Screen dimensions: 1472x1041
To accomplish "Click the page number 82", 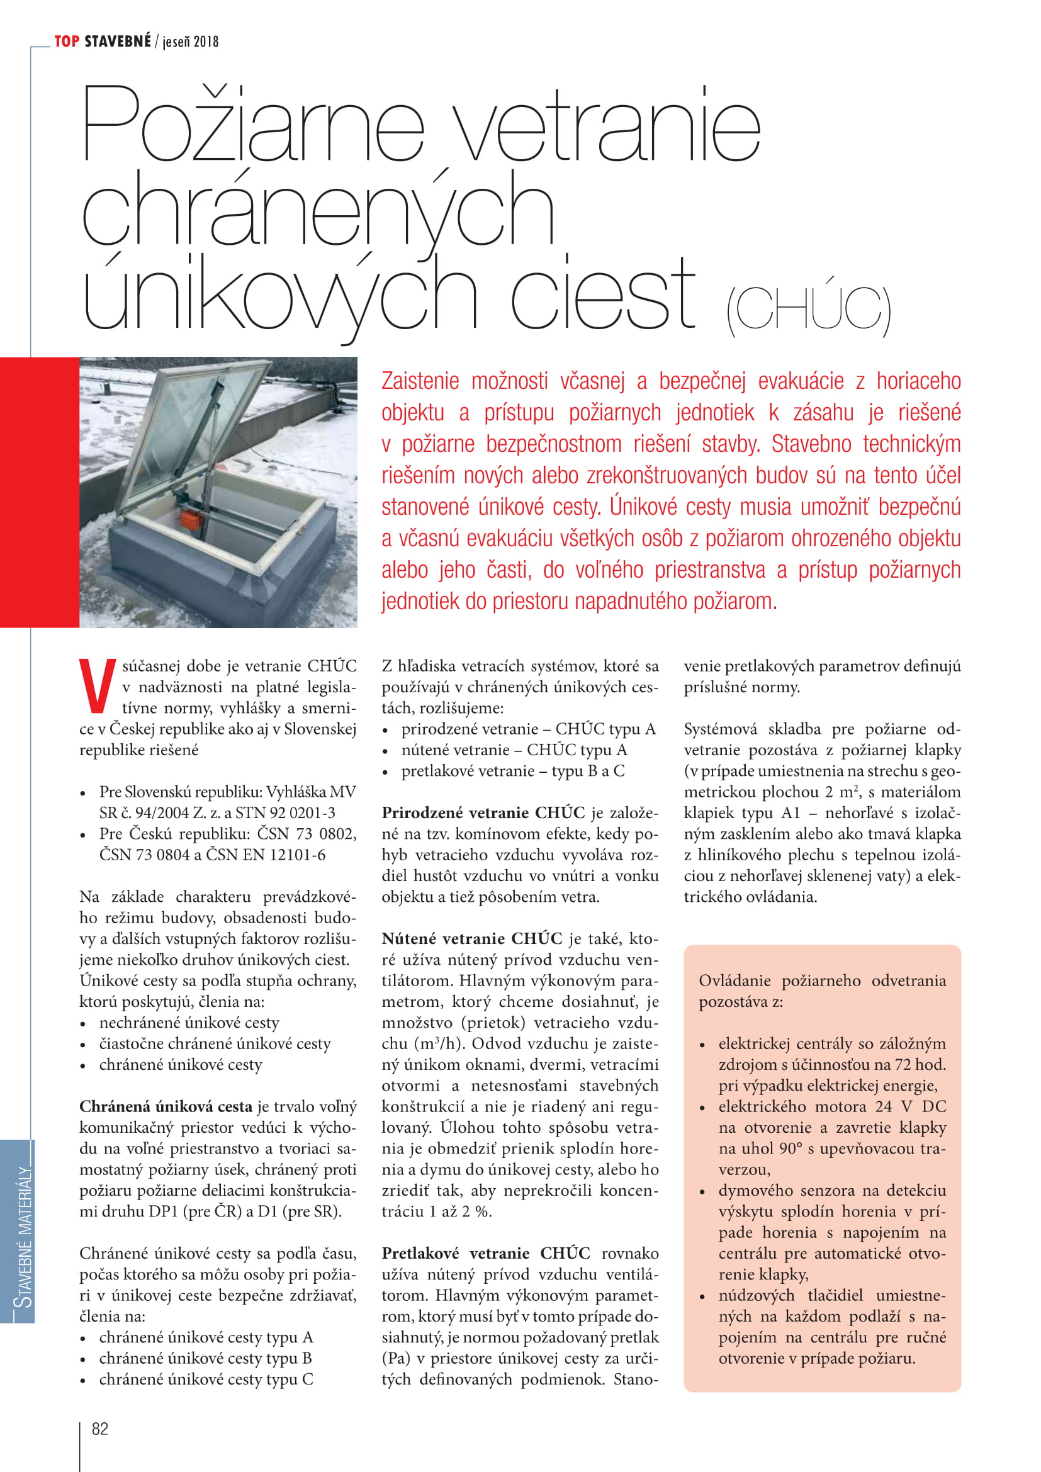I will point(100,1429).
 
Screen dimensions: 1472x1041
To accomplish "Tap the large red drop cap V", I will point(97,685).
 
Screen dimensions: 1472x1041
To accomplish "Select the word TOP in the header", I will point(67,42).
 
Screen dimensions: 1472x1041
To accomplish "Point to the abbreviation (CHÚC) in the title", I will point(808,310).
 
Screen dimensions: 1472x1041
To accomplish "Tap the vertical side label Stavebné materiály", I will point(24,1235).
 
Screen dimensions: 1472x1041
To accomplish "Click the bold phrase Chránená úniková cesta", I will point(166,1106).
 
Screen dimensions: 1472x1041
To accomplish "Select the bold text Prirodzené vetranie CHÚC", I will point(483,812).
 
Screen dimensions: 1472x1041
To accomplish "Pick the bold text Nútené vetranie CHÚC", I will point(472,938).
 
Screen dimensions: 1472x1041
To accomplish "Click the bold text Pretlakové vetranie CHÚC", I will point(486,1253).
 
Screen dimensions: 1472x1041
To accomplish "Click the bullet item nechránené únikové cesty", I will point(189,1022).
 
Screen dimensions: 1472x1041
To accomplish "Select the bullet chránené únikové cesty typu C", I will point(206,1379).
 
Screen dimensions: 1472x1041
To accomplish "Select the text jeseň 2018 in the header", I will point(190,42).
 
